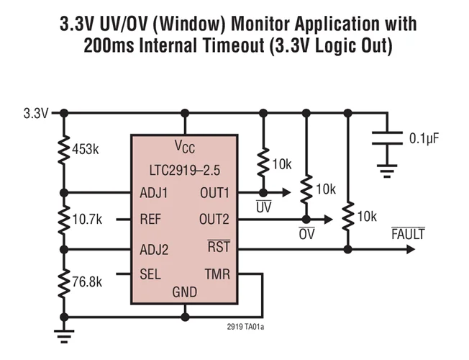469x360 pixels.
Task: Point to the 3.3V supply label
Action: [x=35, y=113]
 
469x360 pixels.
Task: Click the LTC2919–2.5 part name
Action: [x=184, y=171]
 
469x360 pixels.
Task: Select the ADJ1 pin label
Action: [x=154, y=193]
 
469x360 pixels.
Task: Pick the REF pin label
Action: [x=150, y=220]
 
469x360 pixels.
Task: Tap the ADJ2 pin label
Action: [x=154, y=249]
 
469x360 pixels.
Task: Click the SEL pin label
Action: [x=149, y=274]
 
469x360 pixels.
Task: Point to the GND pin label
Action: [x=184, y=293]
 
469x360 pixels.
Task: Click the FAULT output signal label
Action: [x=408, y=234]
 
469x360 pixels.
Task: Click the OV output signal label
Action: [x=306, y=234]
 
